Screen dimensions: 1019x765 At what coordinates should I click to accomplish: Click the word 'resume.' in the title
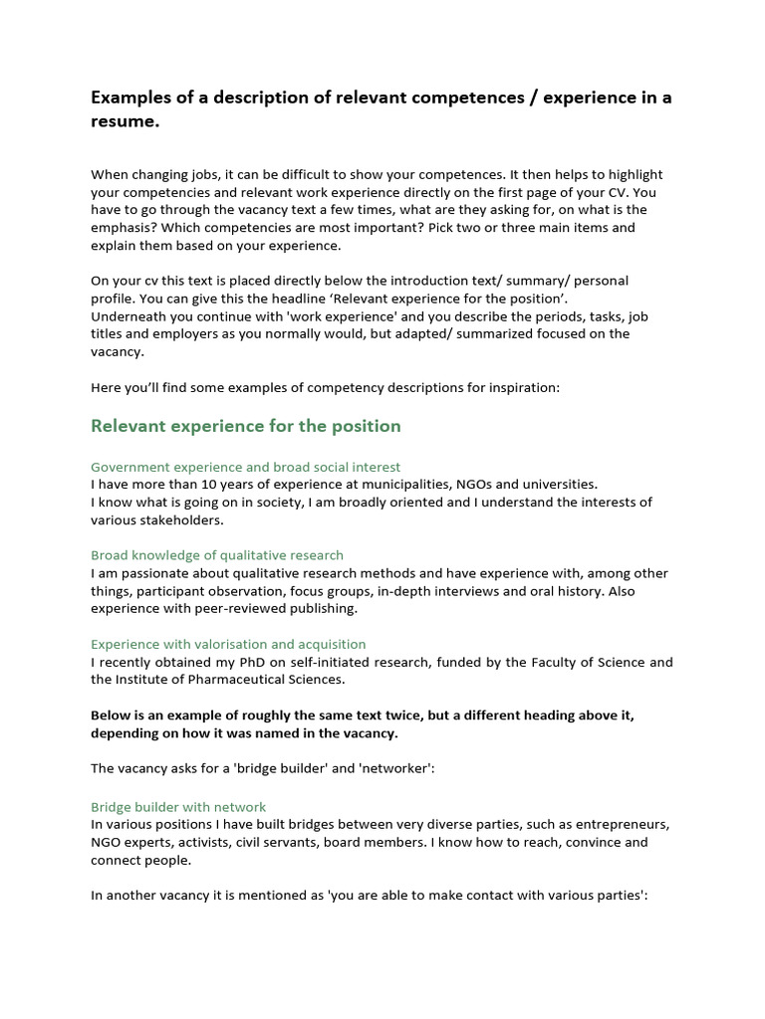pyautogui.click(x=125, y=122)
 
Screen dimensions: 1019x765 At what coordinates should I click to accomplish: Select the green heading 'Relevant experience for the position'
pyautogui.click(x=245, y=426)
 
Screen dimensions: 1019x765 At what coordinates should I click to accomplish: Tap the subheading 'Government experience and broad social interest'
pyautogui.click(x=245, y=467)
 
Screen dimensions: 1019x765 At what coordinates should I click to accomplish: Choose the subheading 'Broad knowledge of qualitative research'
pyautogui.click(x=217, y=555)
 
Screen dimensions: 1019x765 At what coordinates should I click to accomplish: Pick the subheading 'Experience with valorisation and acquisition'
pyautogui.click(x=228, y=644)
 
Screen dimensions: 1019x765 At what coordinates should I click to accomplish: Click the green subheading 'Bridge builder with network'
pyautogui.click(x=178, y=807)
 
